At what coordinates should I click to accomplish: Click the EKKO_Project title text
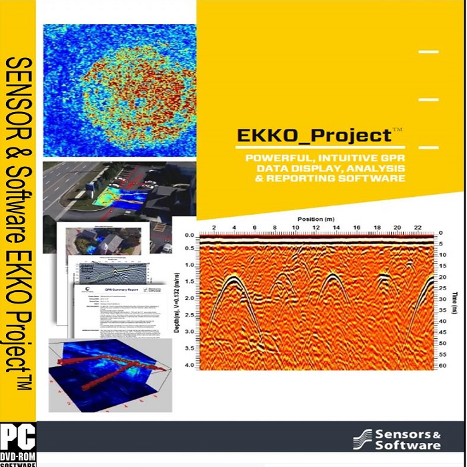coord(314,135)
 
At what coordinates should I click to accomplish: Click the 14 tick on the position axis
coord(336,228)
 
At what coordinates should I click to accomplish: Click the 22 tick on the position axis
coord(418,228)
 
